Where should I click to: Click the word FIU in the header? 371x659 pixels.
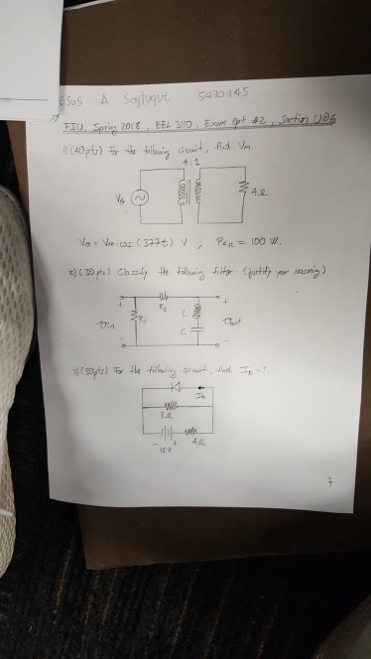pyautogui.click(x=71, y=128)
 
